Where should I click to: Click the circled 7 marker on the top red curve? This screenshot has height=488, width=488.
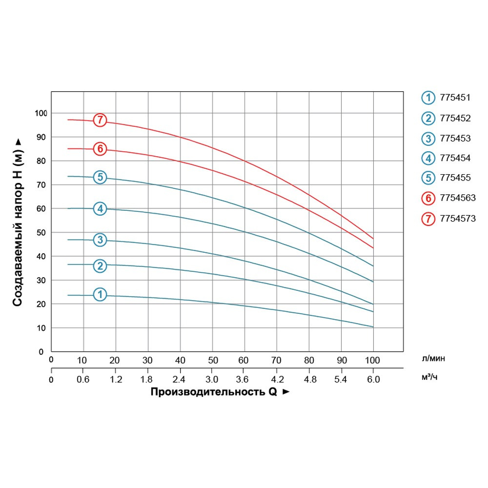(100, 120)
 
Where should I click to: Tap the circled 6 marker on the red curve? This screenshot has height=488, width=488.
(100, 149)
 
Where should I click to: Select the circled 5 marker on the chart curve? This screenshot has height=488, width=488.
(100, 177)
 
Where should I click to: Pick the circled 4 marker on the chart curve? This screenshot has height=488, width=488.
(100, 209)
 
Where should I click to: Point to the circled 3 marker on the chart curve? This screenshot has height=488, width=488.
(100, 240)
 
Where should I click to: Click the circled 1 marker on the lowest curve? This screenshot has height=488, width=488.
(100, 294)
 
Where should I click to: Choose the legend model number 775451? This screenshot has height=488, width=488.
(454, 98)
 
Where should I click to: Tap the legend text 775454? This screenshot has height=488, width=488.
(454, 158)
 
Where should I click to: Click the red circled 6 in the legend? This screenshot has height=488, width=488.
(428, 199)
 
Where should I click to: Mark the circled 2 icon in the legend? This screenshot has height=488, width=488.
(428, 118)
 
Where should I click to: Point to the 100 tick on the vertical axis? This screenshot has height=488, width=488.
(41, 113)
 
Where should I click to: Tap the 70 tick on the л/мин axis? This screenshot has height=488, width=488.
(277, 361)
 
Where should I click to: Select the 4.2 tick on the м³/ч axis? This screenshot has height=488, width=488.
(277, 379)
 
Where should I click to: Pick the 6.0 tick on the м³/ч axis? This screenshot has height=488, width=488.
(373, 379)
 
